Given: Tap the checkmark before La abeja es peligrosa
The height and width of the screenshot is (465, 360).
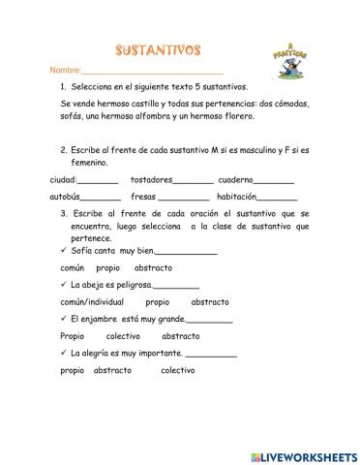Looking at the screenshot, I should pyautogui.click(x=63, y=285).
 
